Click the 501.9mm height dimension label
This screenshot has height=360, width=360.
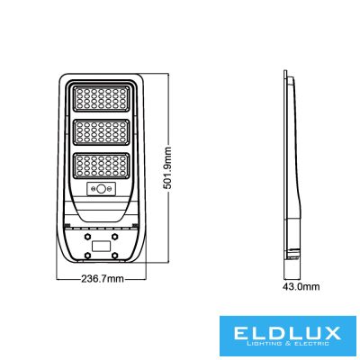coord(166,167)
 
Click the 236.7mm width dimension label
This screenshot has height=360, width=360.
coord(103,279)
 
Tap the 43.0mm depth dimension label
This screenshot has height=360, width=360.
coord(301,287)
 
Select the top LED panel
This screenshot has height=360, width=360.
coord(102,99)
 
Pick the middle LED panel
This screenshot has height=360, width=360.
coord(102,132)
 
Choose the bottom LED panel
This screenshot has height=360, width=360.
coord(102,166)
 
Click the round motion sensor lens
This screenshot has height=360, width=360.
coord(102,189)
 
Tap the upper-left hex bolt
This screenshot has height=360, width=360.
coord(87,236)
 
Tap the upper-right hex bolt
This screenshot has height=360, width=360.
coord(114,236)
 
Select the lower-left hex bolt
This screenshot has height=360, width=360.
coord(87,255)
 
